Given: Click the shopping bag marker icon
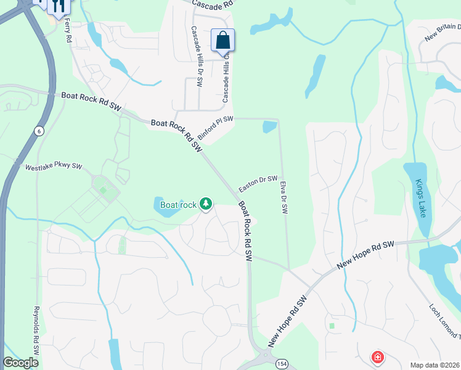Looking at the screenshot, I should click(222, 41).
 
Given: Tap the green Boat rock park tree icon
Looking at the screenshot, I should click(206, 204).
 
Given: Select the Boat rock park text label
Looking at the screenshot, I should click(178, 205).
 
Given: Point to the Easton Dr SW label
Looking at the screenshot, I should click(258, 183).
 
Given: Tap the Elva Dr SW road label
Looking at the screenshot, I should click(284, 197).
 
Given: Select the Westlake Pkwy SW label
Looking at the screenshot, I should click(53, 166).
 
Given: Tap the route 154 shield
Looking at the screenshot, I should click(282, 363).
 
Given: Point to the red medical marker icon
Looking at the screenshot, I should click(377, 356).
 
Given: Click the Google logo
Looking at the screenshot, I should click(20, 363).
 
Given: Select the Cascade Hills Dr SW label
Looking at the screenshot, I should click(197, 57).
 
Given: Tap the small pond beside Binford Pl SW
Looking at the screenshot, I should click(269, 127).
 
